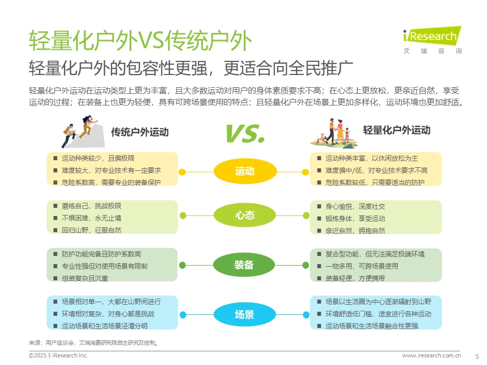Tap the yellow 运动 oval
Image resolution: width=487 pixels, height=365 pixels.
coord(245,171)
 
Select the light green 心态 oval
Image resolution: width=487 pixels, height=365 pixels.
coord(245,215)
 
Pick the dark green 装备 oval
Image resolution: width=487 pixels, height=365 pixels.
coord(245,265)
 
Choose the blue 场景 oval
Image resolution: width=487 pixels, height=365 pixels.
coord(245,314)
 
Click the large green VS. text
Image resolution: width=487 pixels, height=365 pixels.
coord(245,133)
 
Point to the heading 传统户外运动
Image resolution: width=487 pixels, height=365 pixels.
coord(140,132)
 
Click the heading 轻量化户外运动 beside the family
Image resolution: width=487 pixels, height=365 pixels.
coord(397,130)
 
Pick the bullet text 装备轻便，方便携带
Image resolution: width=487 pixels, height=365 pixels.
coord(355,278)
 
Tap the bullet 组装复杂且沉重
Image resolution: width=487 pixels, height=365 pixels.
coord(85,278)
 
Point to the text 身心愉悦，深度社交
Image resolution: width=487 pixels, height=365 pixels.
coord(355,206)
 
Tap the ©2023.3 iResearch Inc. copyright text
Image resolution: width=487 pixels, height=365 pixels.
coord(58,356)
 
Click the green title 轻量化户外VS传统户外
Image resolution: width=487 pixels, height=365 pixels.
coord(140,41)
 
